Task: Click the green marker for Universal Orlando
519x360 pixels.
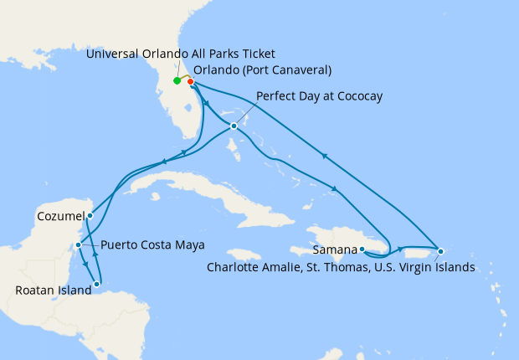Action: point(177,81)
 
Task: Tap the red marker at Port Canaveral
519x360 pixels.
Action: point(191,82)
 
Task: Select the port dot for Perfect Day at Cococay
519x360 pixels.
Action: point(234,126)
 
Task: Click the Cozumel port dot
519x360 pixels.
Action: point(90,215)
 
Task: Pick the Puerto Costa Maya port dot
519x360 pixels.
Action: point(78,245)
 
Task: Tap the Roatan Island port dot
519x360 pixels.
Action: point(97,285)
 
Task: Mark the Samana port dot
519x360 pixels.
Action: point(362,249)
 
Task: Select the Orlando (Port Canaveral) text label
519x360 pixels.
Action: point(262,69)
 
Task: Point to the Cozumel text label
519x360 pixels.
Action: point(59,216)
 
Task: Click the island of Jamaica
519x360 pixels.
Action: point(242,254)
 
